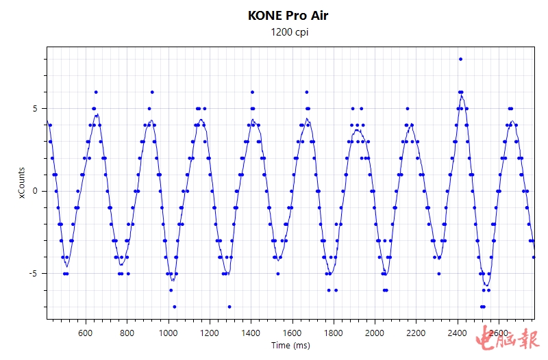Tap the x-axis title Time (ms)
point(290,346)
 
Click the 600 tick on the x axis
point(86,333)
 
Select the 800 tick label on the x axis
point(127,333)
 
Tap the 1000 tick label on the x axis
point(169,333)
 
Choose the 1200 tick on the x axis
point(210,333)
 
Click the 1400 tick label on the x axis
point(251,333)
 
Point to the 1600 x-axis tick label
point(292,333)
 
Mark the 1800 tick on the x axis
point(334,333)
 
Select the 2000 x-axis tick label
point(375,333)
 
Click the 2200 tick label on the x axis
point(417,333)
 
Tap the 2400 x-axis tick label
point(458,333)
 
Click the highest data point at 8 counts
point(460,59)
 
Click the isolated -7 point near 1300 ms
point(229,307)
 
